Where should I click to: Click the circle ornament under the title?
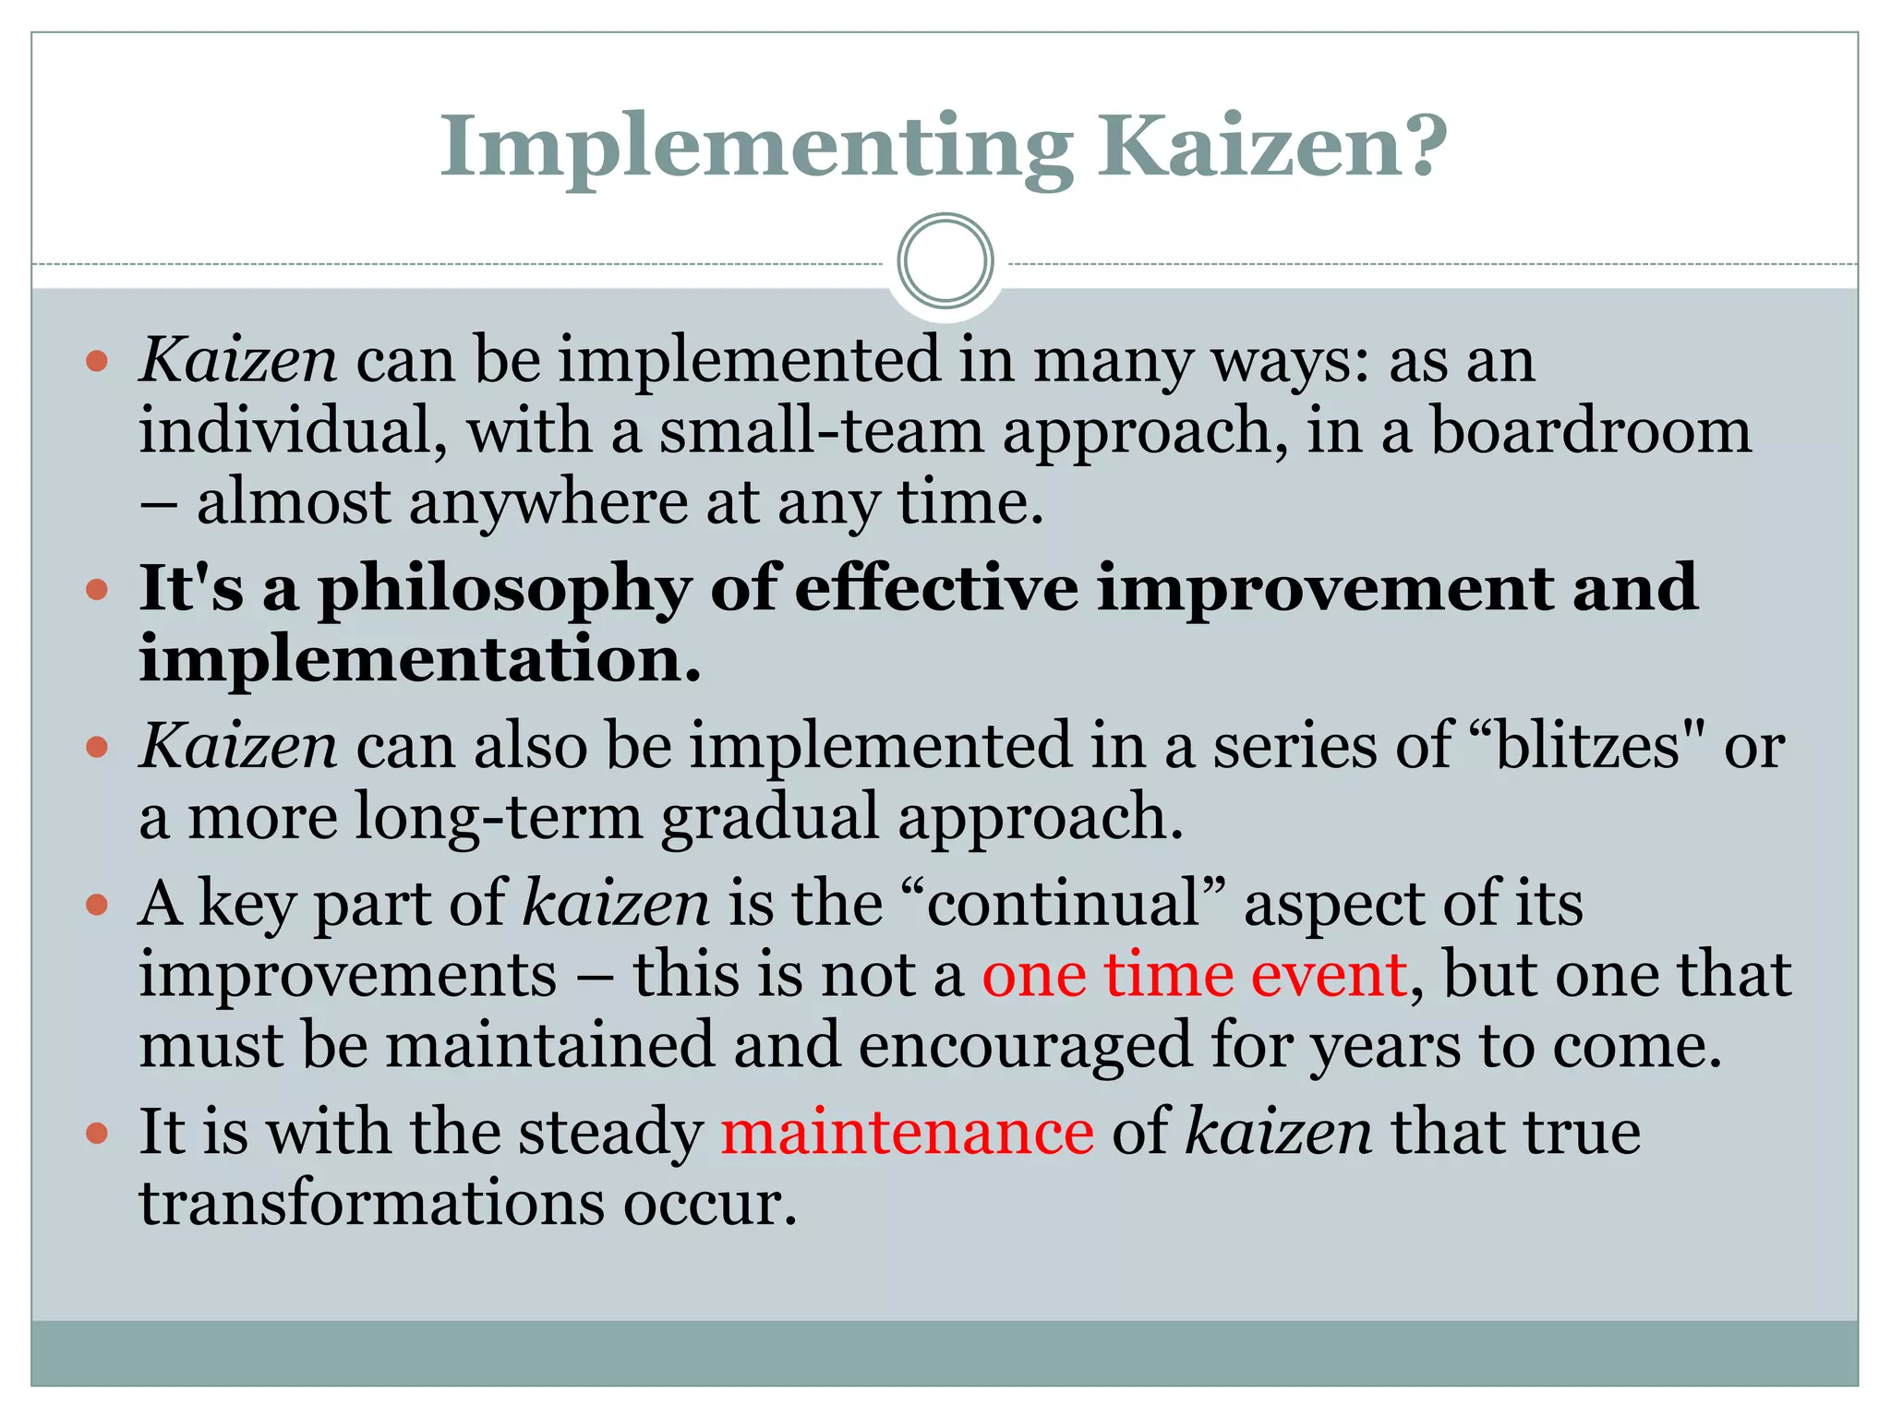945,261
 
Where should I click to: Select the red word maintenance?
907,1132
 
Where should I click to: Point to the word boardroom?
1590,431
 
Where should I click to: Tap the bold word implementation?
420,660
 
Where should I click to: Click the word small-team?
821,431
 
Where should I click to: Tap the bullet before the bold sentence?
97,588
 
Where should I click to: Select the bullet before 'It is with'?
97,1132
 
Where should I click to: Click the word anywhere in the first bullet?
548,503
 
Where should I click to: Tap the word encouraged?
1025,1046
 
